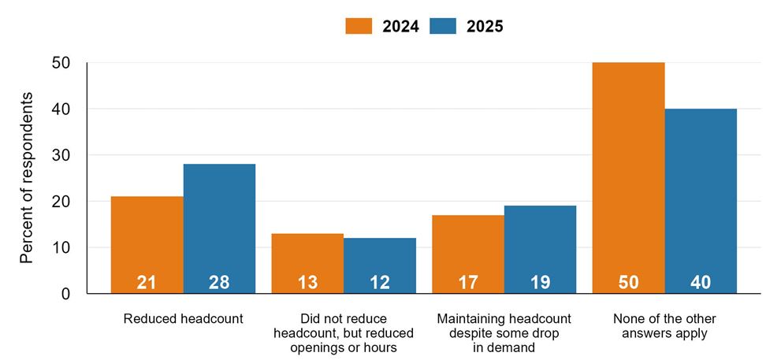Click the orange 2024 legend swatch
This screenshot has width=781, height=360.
(x=358, y=26)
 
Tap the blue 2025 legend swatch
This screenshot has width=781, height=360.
(x=443, y=26)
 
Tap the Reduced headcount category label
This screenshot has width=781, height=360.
(x=183, y=319)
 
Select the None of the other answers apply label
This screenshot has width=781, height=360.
(x=664, y=326)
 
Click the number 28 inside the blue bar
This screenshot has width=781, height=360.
(x=219, y=282)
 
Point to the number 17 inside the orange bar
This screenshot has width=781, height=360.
(x=468, y=282)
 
